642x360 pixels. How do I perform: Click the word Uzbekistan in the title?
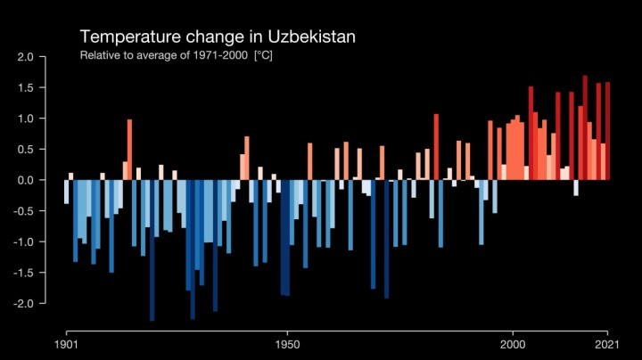coord(312,37)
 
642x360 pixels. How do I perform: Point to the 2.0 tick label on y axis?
coord(25,57)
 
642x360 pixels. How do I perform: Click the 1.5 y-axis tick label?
coord(25,88)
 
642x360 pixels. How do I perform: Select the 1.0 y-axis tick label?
coord(25,119)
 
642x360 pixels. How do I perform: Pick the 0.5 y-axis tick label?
coord(25,150)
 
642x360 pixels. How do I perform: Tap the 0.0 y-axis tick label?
coord(25,180)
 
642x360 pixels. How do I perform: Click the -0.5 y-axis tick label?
coord(23,211)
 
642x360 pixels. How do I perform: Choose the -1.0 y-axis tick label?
coord(23,241)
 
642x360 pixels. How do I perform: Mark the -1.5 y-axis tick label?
coord(23,273)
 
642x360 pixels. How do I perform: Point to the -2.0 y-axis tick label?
coord(23,303)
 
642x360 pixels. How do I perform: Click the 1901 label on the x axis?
coord(67,344)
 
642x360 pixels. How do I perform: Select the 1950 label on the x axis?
coord(287,344)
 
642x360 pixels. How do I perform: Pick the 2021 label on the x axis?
coord(607,344)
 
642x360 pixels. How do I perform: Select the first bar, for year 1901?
coord(67,192)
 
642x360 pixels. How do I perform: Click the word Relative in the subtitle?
coord(99,56)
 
